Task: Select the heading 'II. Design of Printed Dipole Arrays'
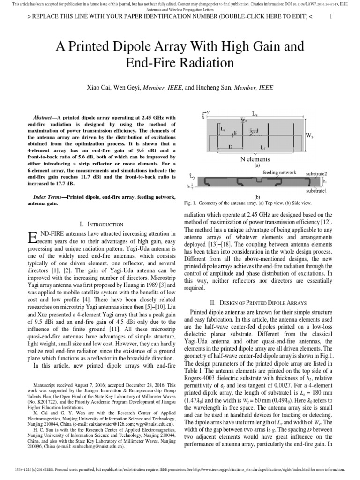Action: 264,302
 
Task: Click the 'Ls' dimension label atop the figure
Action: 255,113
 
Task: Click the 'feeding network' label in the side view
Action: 279,172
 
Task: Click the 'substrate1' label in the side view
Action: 316,191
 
